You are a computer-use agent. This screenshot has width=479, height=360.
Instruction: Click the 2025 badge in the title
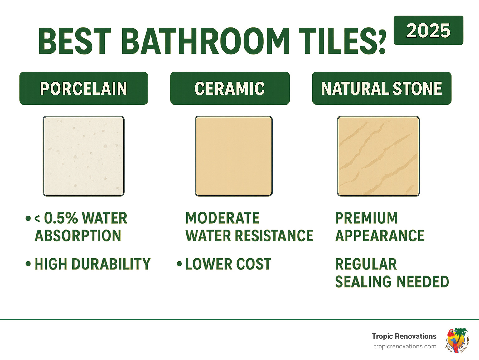428,31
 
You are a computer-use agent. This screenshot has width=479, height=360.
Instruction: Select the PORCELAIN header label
84,88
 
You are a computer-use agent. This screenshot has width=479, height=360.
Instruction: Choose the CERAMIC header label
230,88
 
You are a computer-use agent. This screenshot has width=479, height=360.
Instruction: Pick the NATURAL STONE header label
381,88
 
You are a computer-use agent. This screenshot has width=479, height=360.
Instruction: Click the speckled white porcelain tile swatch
84,156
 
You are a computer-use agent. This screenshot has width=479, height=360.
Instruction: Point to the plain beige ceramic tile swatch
234,156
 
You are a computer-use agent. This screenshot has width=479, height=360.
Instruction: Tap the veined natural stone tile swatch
378,156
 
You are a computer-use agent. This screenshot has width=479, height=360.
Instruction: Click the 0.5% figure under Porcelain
61,218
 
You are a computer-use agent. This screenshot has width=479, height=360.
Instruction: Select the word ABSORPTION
78,236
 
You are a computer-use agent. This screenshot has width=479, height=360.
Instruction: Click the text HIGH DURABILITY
92,264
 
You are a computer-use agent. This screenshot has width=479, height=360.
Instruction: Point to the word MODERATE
222,218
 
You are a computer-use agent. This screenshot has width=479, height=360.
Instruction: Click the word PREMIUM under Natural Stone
366,218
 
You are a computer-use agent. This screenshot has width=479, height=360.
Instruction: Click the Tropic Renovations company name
404,336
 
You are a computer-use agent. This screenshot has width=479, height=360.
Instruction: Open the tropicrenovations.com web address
405,347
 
